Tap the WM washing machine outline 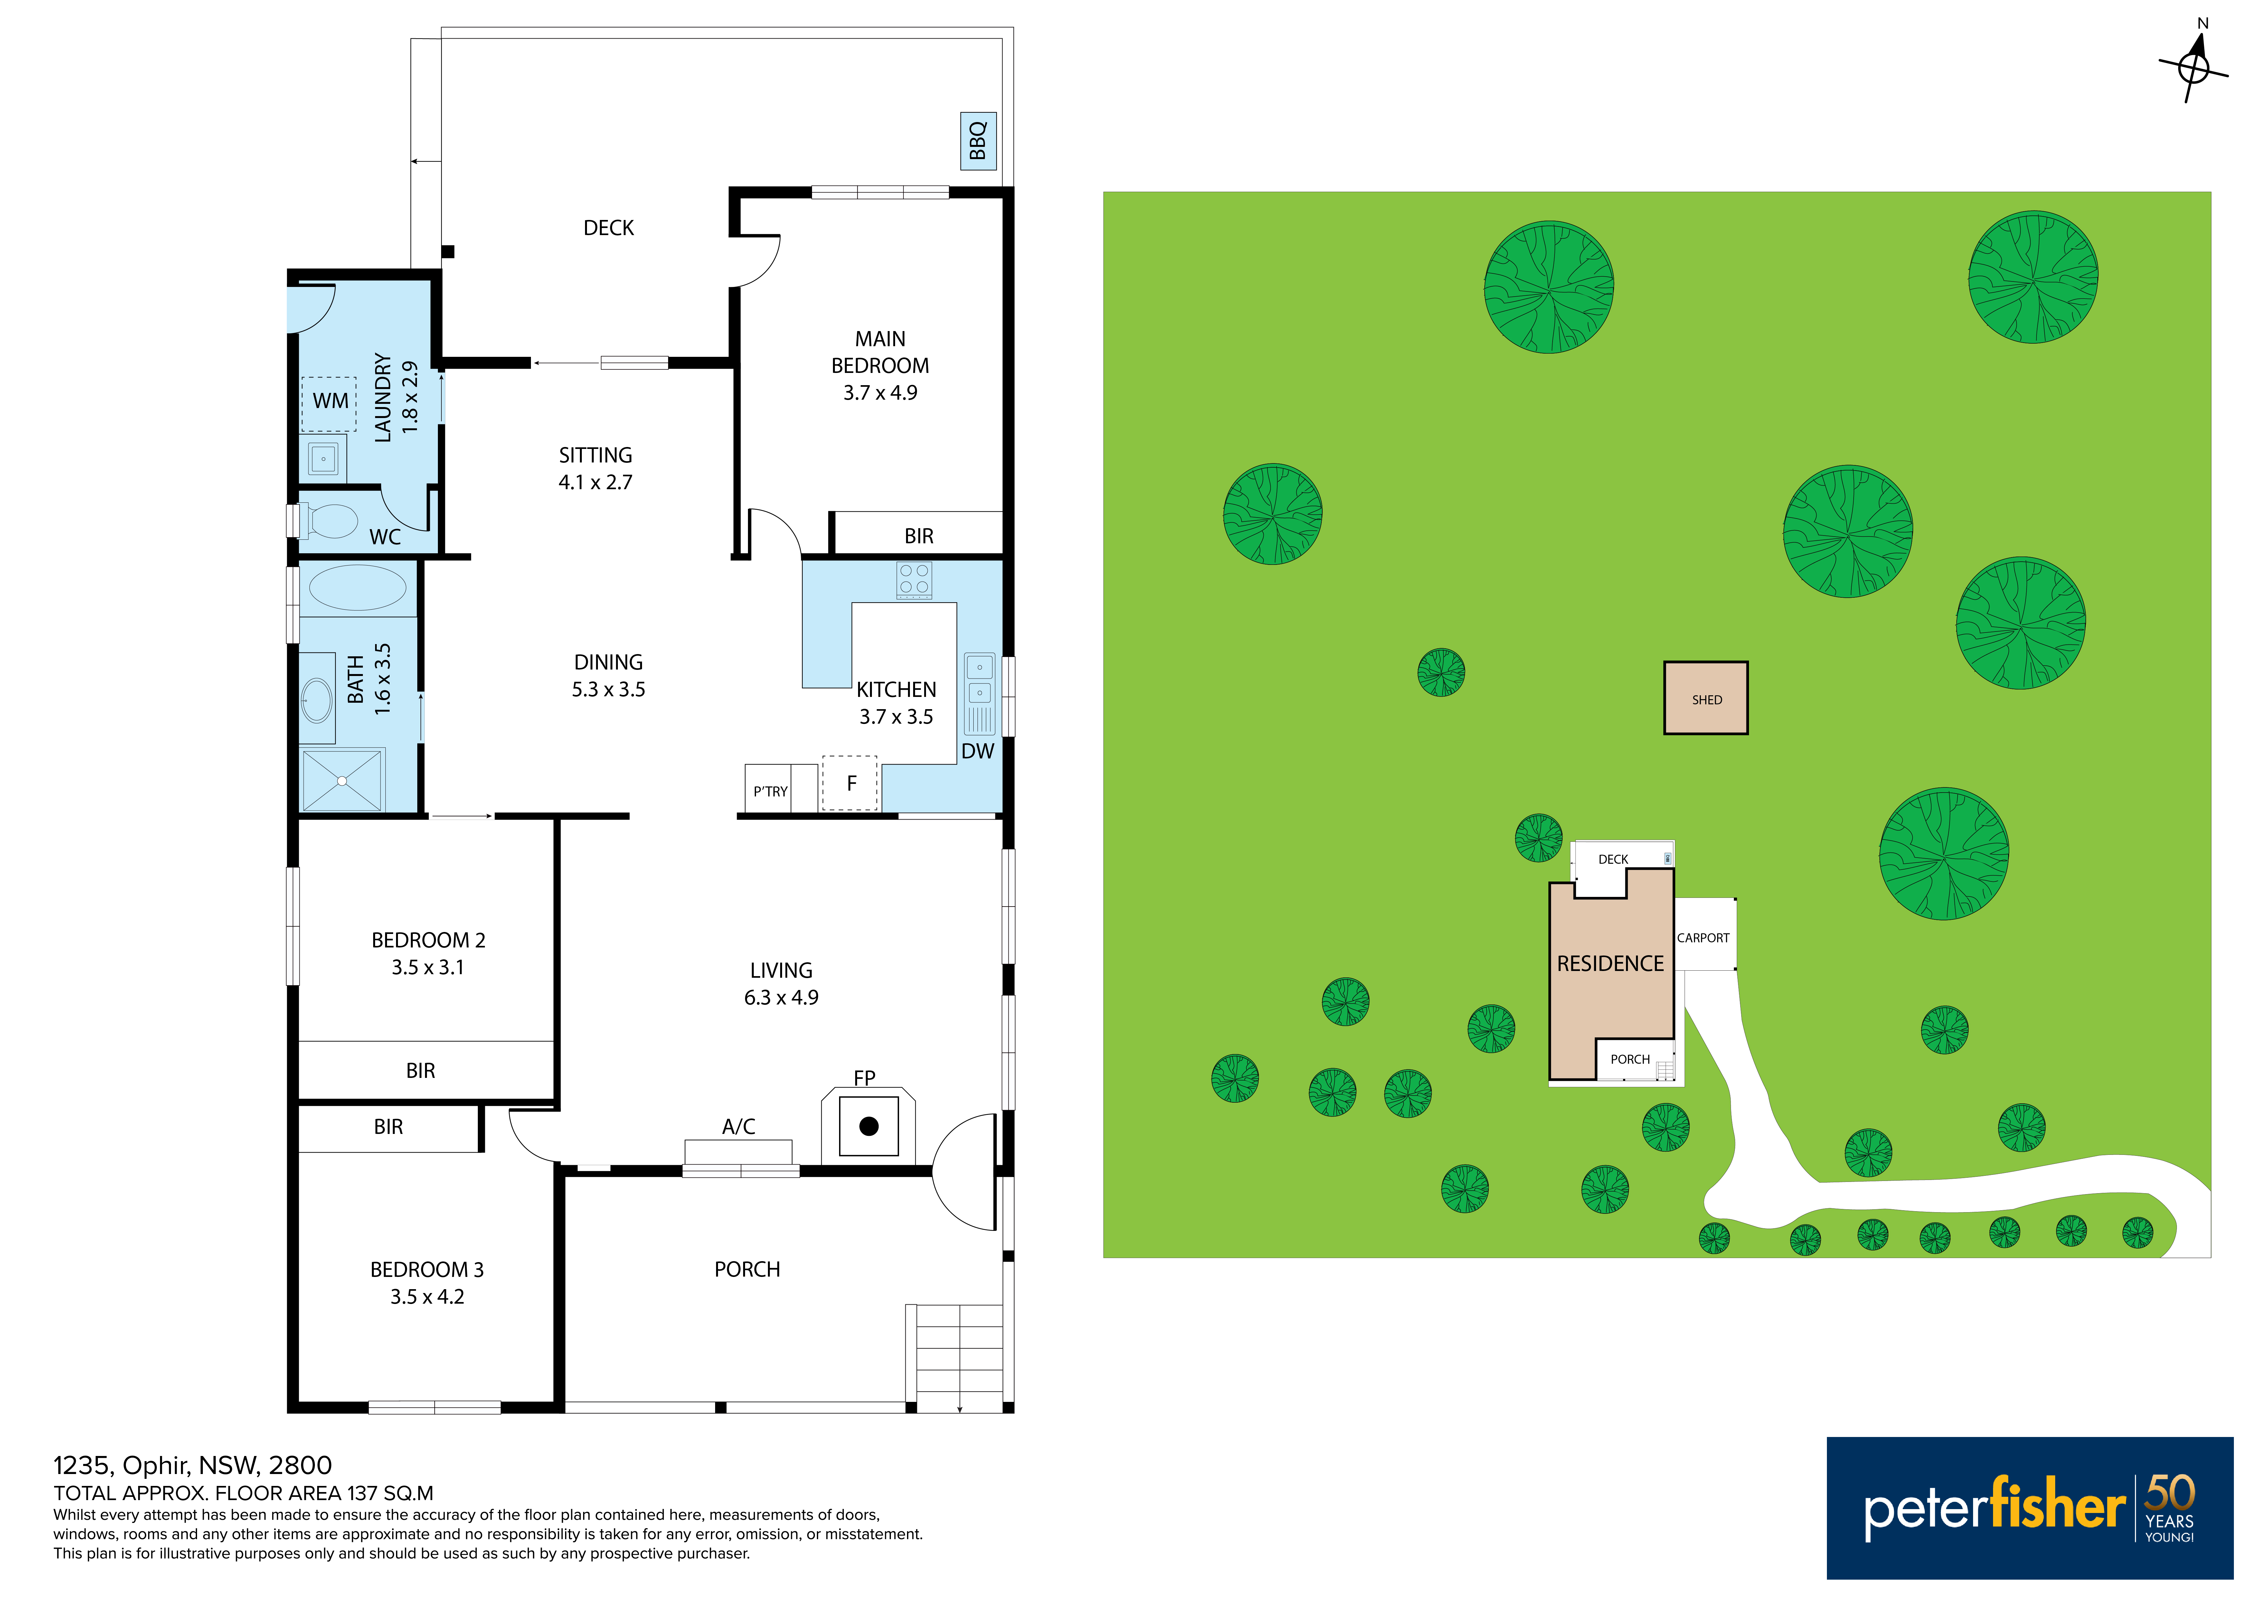point(329,404)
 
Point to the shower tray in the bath point(341,780)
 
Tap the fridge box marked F point(850,783)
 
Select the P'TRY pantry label point(770,791)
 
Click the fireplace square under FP point(869,1126)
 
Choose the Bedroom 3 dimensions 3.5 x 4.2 point(427,1297)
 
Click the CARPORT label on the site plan point(1703,938)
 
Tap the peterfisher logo point(2029,1508)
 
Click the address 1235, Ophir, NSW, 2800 point(193,1466)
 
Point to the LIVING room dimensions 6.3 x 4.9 point(781,998)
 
